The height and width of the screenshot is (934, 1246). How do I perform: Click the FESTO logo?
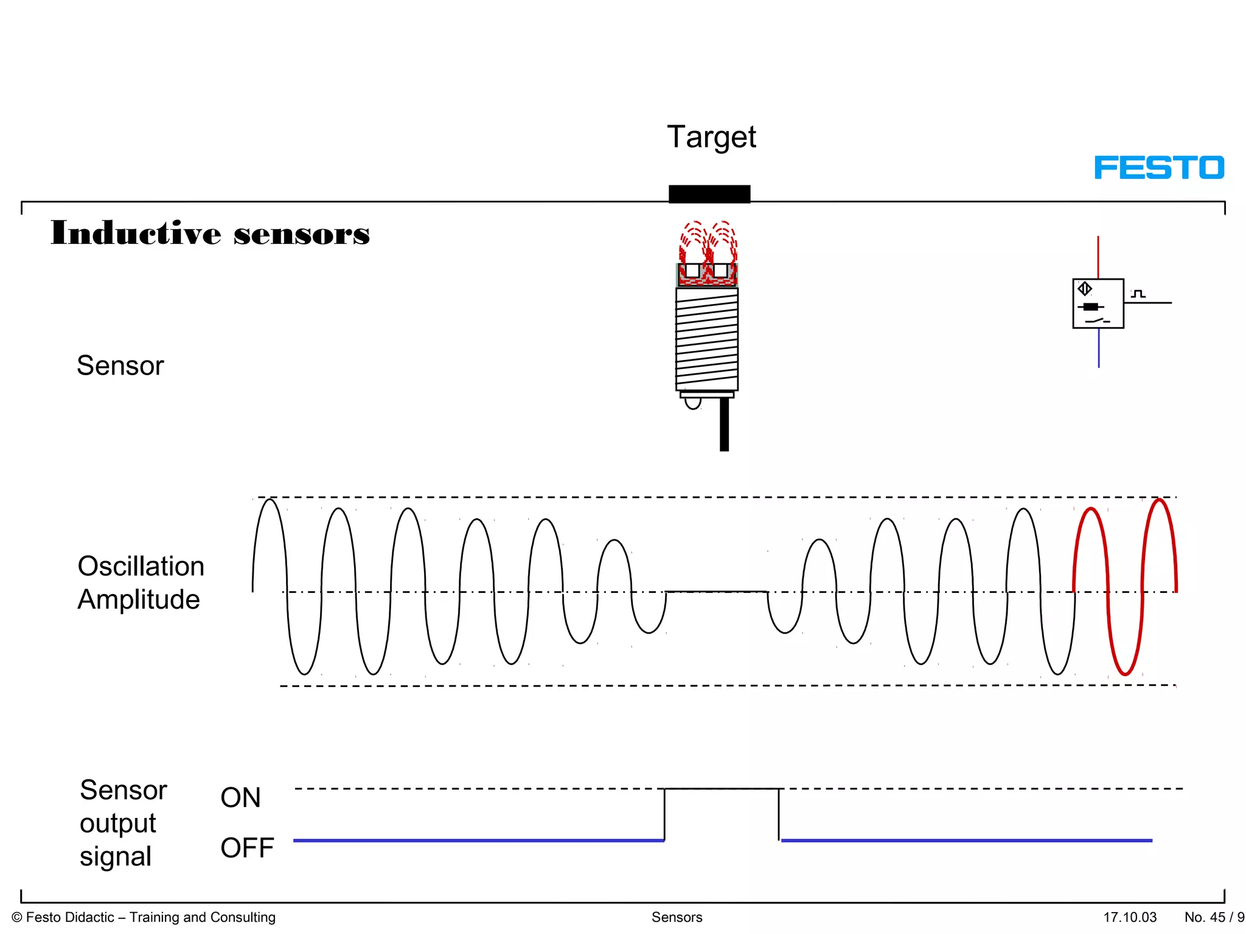tap(1159, 167)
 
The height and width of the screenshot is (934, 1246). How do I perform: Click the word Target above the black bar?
tap(711, 137)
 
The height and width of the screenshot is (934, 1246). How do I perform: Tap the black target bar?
tap(709, 194)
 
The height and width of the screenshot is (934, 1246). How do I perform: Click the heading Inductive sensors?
tap(210, 233)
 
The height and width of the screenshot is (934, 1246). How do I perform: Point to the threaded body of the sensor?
tap(707, 339)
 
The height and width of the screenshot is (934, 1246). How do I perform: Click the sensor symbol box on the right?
tap(1098, 303)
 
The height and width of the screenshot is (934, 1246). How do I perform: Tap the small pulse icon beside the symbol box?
tap(1138, 294)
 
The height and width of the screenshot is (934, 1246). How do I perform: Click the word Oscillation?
tap(141, 566)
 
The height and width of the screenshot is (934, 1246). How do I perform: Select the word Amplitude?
tap(139, 600)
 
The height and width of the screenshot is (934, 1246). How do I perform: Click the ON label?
tap(240, 798)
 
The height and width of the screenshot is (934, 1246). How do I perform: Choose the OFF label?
tap(247, 848)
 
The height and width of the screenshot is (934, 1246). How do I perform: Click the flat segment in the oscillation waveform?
tap(717, 591)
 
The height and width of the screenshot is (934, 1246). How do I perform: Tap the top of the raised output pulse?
tap(721, 789)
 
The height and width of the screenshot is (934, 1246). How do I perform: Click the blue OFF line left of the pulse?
tap(478, 840)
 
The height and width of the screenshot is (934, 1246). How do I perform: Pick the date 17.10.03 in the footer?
tap(1130, 917)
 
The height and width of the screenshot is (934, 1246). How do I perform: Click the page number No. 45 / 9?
tap(1213, 917)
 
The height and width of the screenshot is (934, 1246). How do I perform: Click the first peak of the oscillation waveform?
tap(270, 500)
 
